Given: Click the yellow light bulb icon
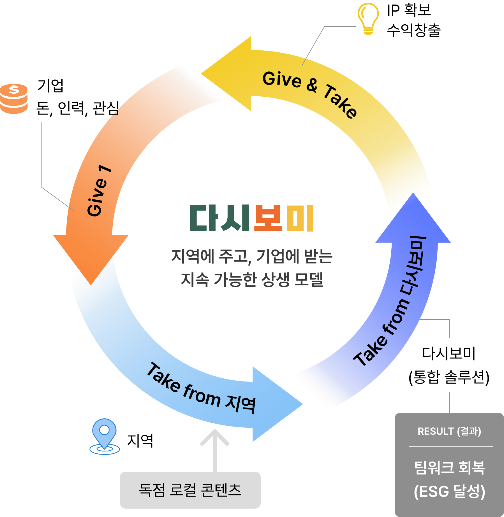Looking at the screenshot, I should (x=368, y=18).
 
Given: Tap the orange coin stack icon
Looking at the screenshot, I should (x=14, y=99).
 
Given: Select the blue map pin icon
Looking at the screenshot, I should (x=105, y=436).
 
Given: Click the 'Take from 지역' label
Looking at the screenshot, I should (x=201, y=389).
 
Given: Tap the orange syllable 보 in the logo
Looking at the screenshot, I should (x=268, y=218).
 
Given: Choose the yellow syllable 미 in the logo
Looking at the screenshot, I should (x=300, y=218).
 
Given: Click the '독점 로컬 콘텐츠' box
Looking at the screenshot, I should (x=190, y=490).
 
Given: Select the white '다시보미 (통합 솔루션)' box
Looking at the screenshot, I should (x=449, y=365).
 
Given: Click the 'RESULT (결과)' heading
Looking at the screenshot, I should (x=449, y=431).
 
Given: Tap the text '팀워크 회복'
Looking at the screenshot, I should (x=449, y=468).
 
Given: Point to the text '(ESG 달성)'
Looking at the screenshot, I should (x=449, y=491).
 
